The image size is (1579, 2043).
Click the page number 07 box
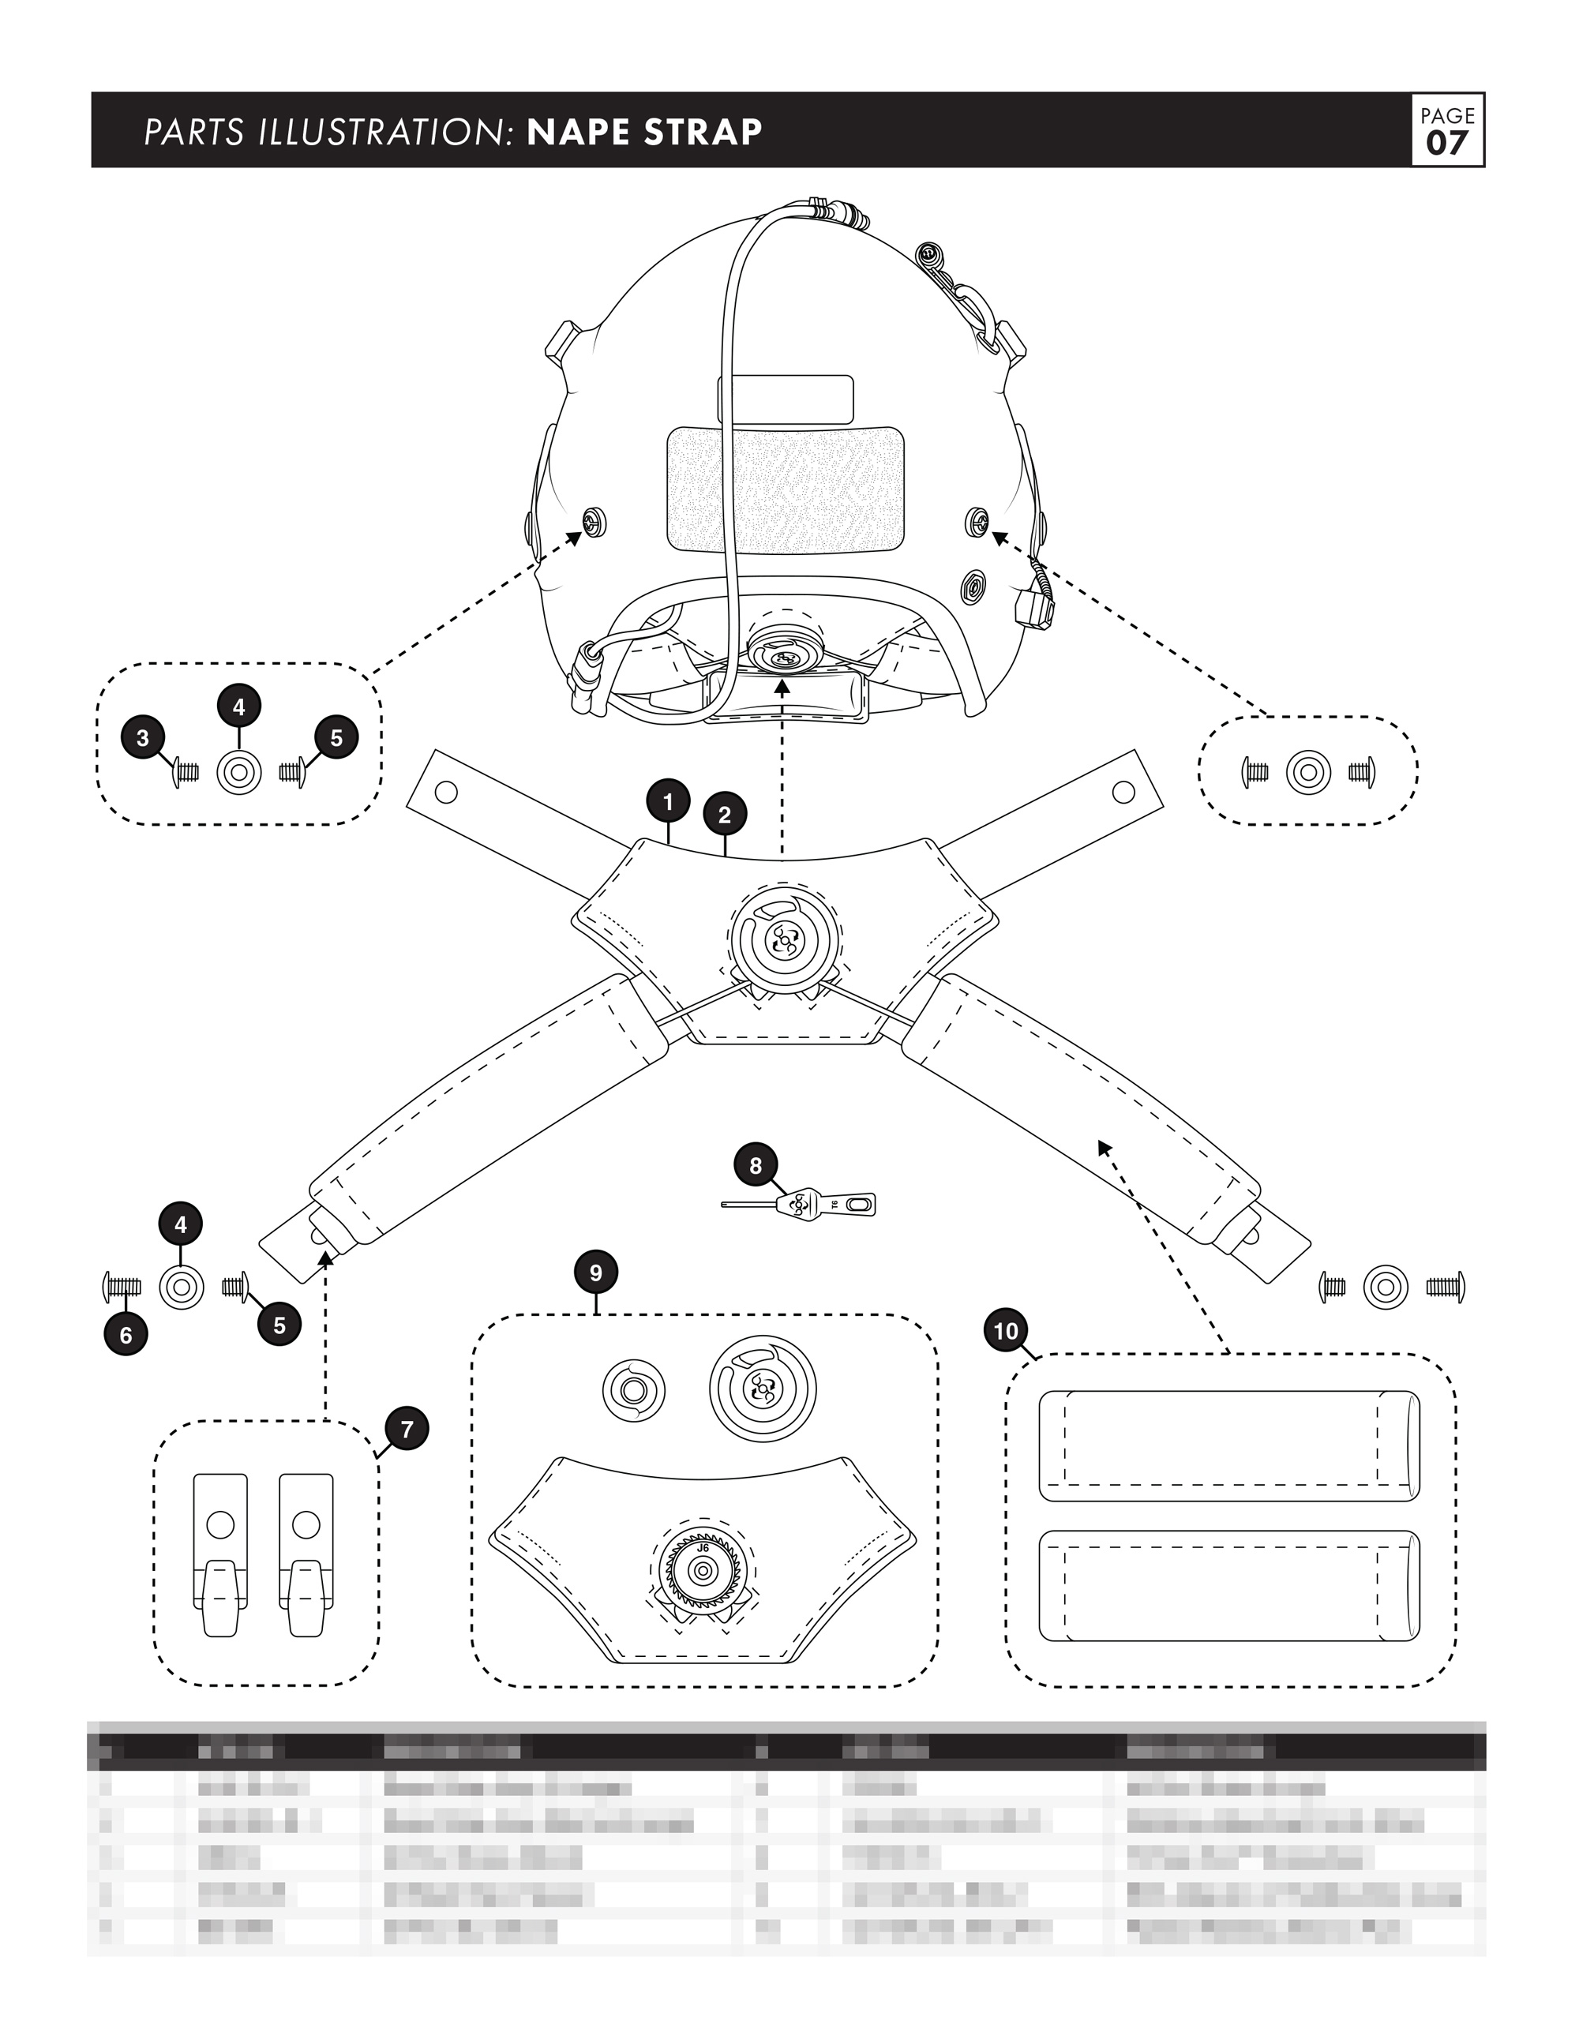pyautogui.click(x=1447, y=130)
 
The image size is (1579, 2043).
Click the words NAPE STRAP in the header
pyautogui.click(x=644, y=132)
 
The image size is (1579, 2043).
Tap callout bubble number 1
pyautogui.click(x=668, y=802)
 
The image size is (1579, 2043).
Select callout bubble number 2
pyautogui.click(x=724, y=815)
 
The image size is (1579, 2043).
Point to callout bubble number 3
pyautogui.click(x=143, y=738)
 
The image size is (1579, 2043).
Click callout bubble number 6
pyautogui.click(x=126, y=1335)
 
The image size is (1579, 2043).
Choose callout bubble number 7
pyautogui.click(x=406, y=1430)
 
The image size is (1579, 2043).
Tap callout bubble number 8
pyautogui.click(x=756, y=1165)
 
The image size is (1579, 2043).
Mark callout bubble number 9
pyautogui.click(x=596, y=1273)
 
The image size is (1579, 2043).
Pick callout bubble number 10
pyautogui.click(x=1006, y=1331)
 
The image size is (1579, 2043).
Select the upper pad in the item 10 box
pyautogui.click(x=1229, y=1445)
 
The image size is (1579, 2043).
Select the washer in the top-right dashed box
pyautogui.click(x=1307, y=773)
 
